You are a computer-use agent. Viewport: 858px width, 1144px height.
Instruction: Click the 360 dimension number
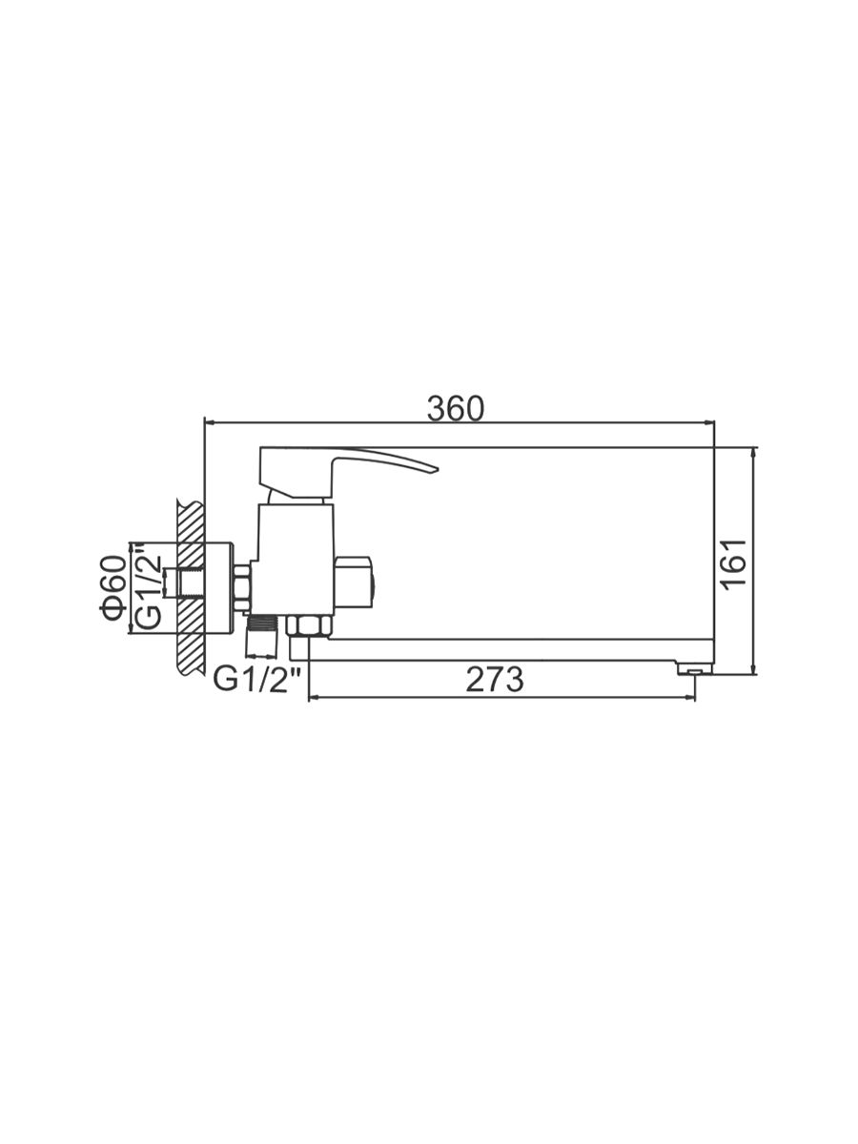(x=456, y=409)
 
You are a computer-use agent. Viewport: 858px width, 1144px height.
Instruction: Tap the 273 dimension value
(x=494, y=680)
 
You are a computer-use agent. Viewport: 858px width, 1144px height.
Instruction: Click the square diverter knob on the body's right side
(x=354, y=582)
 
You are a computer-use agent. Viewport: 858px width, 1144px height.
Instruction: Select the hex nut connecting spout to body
(x=308, y=626)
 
